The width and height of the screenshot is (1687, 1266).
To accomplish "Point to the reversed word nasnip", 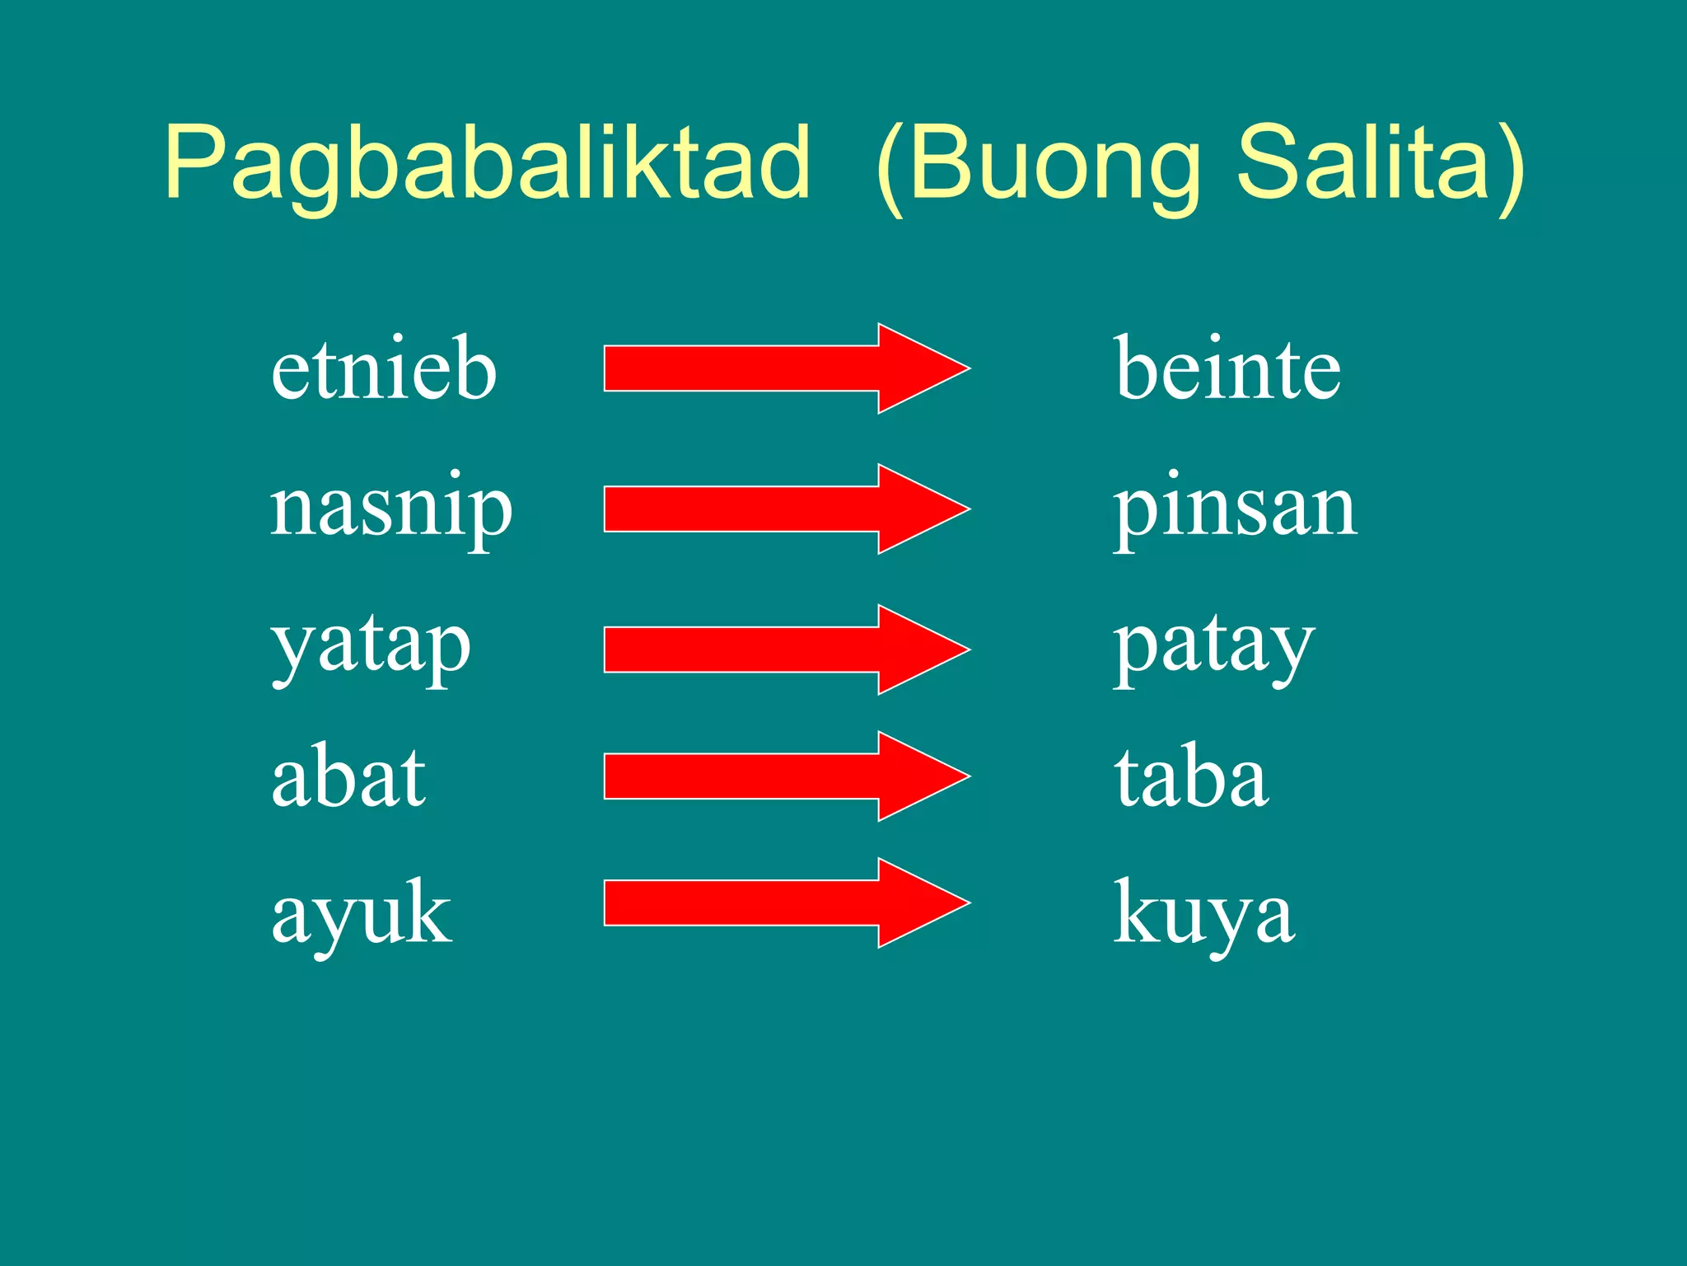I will click(391, 508).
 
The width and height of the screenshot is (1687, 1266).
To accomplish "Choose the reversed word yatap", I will click(372, 648).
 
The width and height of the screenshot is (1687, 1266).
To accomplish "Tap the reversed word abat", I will click(348, 777).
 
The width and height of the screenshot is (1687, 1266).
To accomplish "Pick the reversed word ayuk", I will click(362, 913).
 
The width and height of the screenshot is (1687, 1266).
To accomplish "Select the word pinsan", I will click(1235, 508).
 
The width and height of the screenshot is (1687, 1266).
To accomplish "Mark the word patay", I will click(1214, 648).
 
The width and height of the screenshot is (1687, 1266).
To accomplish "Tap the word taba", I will click(1191, 777).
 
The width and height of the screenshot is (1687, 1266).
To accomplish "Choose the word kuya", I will click(1204, 913).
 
